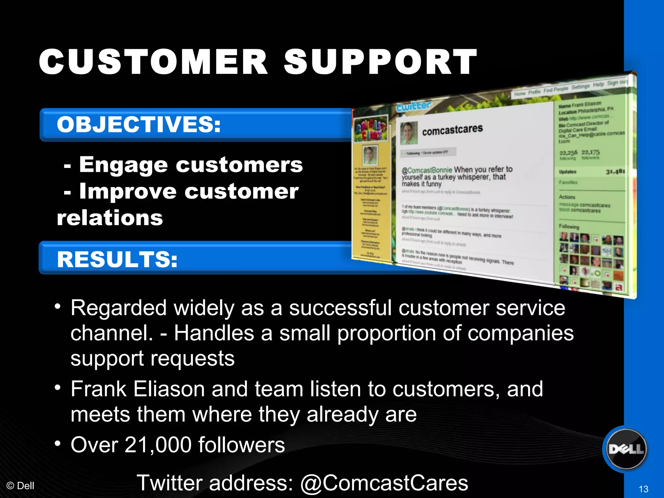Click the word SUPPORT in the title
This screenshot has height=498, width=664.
click(x=380, y=62)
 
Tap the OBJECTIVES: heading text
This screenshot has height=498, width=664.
click(x=139, y=124)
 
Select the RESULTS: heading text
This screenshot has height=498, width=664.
click(x=117, y=259)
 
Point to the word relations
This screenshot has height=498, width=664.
click(x=110, y=218)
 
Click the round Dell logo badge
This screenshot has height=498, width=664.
click(x=626, y=449)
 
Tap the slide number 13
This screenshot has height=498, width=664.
click(x=643, y=489)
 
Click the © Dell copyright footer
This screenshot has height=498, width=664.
click(x=20, y=486)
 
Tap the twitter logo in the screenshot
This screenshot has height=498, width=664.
click(x=414, y=106)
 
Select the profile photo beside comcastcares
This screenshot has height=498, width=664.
click(x=409, y=133)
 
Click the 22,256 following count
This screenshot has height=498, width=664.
click(x=568, y=153)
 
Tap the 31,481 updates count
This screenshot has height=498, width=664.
click(x=615, y=172)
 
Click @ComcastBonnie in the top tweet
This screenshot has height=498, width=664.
click(x=427, y=170)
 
